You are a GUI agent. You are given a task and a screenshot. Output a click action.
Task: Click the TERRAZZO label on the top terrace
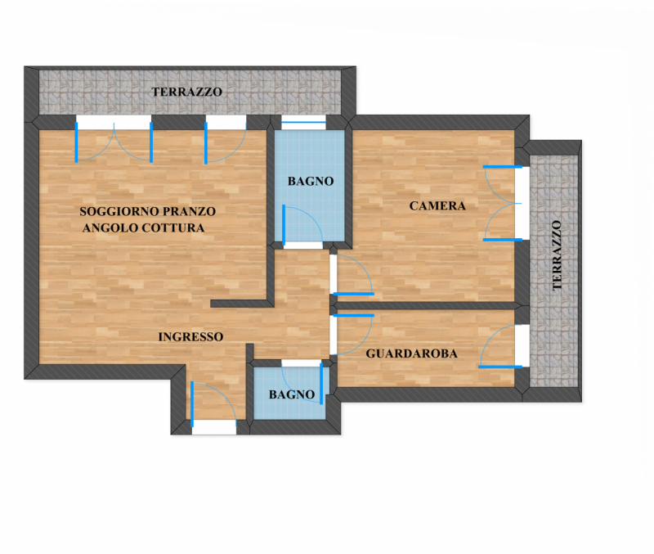pyautogui.click(x=186, y=92)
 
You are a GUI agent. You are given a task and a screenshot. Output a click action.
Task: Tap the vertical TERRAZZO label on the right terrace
pyautogui.click(x=557, y=255)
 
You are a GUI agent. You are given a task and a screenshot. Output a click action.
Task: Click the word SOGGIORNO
pyautogui.click(x=119, y=212)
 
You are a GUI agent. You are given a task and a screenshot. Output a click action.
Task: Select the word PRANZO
pyautogui.click(x=190, y=212)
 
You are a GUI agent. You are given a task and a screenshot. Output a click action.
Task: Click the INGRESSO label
pyautogui.click(x=190, y=337)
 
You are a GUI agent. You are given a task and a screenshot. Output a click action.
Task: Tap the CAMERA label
pyautogui.click(x=437, y=206)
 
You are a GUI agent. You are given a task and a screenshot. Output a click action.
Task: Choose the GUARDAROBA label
pyautogui.click(x=412, y=354)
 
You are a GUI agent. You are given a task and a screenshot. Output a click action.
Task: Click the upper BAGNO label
pyautogui.click(x=311, y=181)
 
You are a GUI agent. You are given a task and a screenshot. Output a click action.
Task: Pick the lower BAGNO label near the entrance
pyautogui.click(x=292, y=394)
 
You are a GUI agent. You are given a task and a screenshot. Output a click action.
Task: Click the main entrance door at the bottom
pyautogui.click(x=213, y=404)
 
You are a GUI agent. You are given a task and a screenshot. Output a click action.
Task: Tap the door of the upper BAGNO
pyautogui.click(x=302, y=225)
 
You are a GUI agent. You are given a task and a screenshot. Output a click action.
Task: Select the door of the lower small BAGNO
pyautogui.click(x=302, y=383)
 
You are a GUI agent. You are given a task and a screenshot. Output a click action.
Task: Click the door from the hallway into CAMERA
pyautogui.click(x=352, y=275)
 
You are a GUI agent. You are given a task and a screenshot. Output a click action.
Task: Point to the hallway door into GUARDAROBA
pyautogui.click(x=352, y=335)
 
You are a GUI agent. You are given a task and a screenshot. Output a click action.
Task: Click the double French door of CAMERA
pyautogui.click(x=503, y=203)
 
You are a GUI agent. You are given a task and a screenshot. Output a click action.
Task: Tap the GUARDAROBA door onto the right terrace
pyautogui.click(x=500, y=346)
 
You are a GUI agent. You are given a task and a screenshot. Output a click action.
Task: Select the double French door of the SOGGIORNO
pyautogui.click(x=114, y=142)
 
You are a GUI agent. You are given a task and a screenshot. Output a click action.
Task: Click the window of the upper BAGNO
pyautogui.click(x=303, y=122)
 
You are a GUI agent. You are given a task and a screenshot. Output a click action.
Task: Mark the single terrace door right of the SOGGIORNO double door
pyautogui.click(x=226, y=142)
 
